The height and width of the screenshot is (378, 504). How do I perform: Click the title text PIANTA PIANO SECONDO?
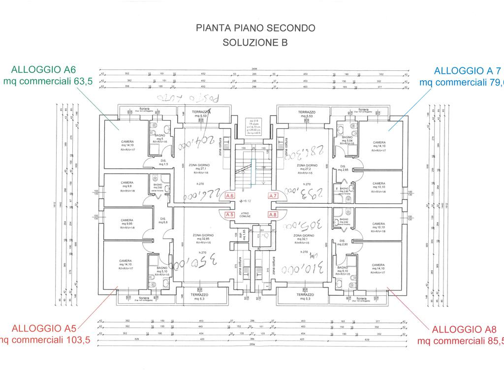[x=255, y=28]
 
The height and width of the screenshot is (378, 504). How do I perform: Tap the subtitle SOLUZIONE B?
[x=255, y=42]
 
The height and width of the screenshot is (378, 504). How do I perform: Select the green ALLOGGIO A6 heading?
[x=43, y=69]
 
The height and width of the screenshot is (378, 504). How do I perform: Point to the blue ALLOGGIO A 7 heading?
[x=461, y=70]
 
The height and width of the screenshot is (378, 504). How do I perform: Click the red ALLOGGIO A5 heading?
[x=43, y=328]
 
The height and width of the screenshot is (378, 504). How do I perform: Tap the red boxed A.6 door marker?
[x=229, y=196]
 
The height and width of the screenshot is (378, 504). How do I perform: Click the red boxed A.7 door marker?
[x=273, y=196]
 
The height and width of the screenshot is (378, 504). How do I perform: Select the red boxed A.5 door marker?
[x=229, y=215]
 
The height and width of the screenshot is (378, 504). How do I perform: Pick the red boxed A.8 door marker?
[x=273, y=215]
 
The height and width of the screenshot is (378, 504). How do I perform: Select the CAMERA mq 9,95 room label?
[x=126, y=222]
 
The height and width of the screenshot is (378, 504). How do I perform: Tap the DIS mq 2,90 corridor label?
[x=343, y=243]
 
